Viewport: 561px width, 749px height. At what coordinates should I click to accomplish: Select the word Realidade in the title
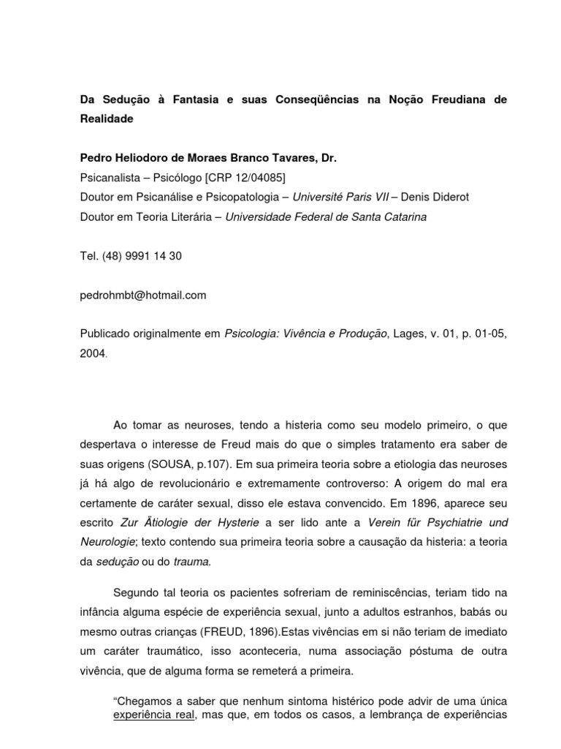coord(107,118)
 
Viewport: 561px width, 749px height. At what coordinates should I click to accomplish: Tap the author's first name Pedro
coord(96,158)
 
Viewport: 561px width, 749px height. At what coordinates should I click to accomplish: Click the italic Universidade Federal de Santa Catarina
coord(328,217)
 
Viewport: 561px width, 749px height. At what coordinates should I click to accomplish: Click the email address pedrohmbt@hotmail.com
coord(143,296)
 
